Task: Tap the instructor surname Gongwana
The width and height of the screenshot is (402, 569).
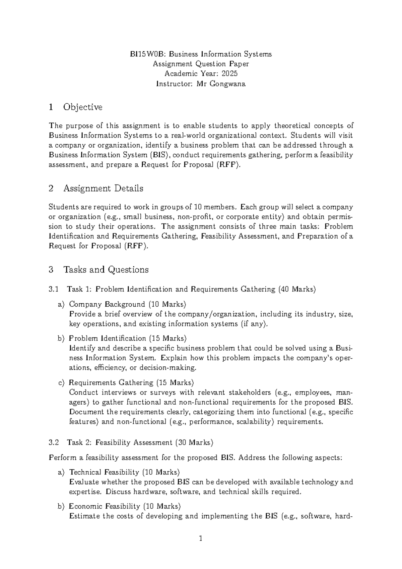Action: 227,84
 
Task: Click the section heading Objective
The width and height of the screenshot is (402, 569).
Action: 83,107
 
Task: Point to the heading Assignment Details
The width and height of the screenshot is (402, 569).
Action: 103,188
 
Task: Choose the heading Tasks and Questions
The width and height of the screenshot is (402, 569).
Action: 106,269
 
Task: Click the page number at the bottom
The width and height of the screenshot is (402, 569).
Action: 201,539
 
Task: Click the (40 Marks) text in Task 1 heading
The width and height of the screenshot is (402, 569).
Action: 297,289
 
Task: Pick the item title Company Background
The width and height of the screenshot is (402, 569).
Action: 107,304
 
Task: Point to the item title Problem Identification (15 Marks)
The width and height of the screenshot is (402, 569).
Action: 128,338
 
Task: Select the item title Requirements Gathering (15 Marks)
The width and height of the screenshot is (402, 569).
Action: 131,382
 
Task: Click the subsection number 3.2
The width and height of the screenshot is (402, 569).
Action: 54,443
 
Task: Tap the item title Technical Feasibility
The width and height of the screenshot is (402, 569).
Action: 104,472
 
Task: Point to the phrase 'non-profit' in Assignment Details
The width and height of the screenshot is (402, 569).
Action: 191,217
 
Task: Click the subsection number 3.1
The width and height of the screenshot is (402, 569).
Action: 54,289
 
